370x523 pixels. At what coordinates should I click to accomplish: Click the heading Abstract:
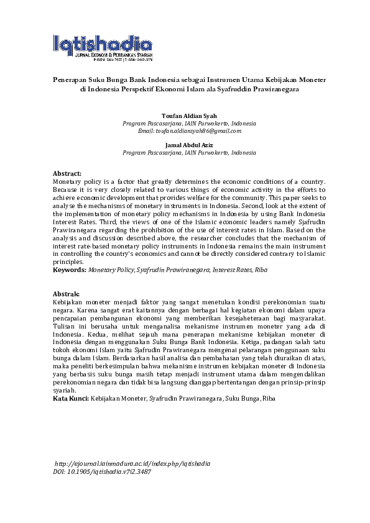(x=67, y=173)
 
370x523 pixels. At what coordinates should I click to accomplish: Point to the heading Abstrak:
(x=67, y=293)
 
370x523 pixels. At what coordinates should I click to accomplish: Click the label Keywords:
(x=70, y=270)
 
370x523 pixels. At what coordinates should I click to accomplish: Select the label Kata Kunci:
(x=71, y=398)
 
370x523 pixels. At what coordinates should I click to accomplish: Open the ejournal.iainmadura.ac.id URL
(x=132, y=463)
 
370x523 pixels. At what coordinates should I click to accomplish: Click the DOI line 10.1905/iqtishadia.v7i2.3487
(x=102, y=471)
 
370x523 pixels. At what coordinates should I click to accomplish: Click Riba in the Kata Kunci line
(x=269, y=398)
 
